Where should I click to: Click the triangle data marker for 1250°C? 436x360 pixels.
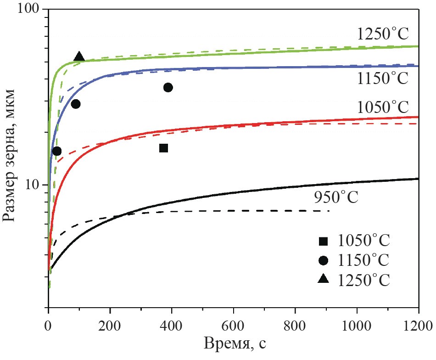click(x=79, y=57)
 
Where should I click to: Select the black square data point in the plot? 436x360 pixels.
click(x=163, y=148)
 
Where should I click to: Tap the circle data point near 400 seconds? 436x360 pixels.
click(x=168, y=88)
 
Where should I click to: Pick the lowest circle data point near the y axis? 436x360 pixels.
click(x=57, y=151)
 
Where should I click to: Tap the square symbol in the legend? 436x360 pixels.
click(x=324, y=241)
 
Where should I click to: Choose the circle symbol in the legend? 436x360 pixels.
click(x=324, y=260)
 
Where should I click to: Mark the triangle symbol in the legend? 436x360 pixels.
click(x=324, y=279)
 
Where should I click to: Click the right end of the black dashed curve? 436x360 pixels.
click(x=329, y=211)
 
